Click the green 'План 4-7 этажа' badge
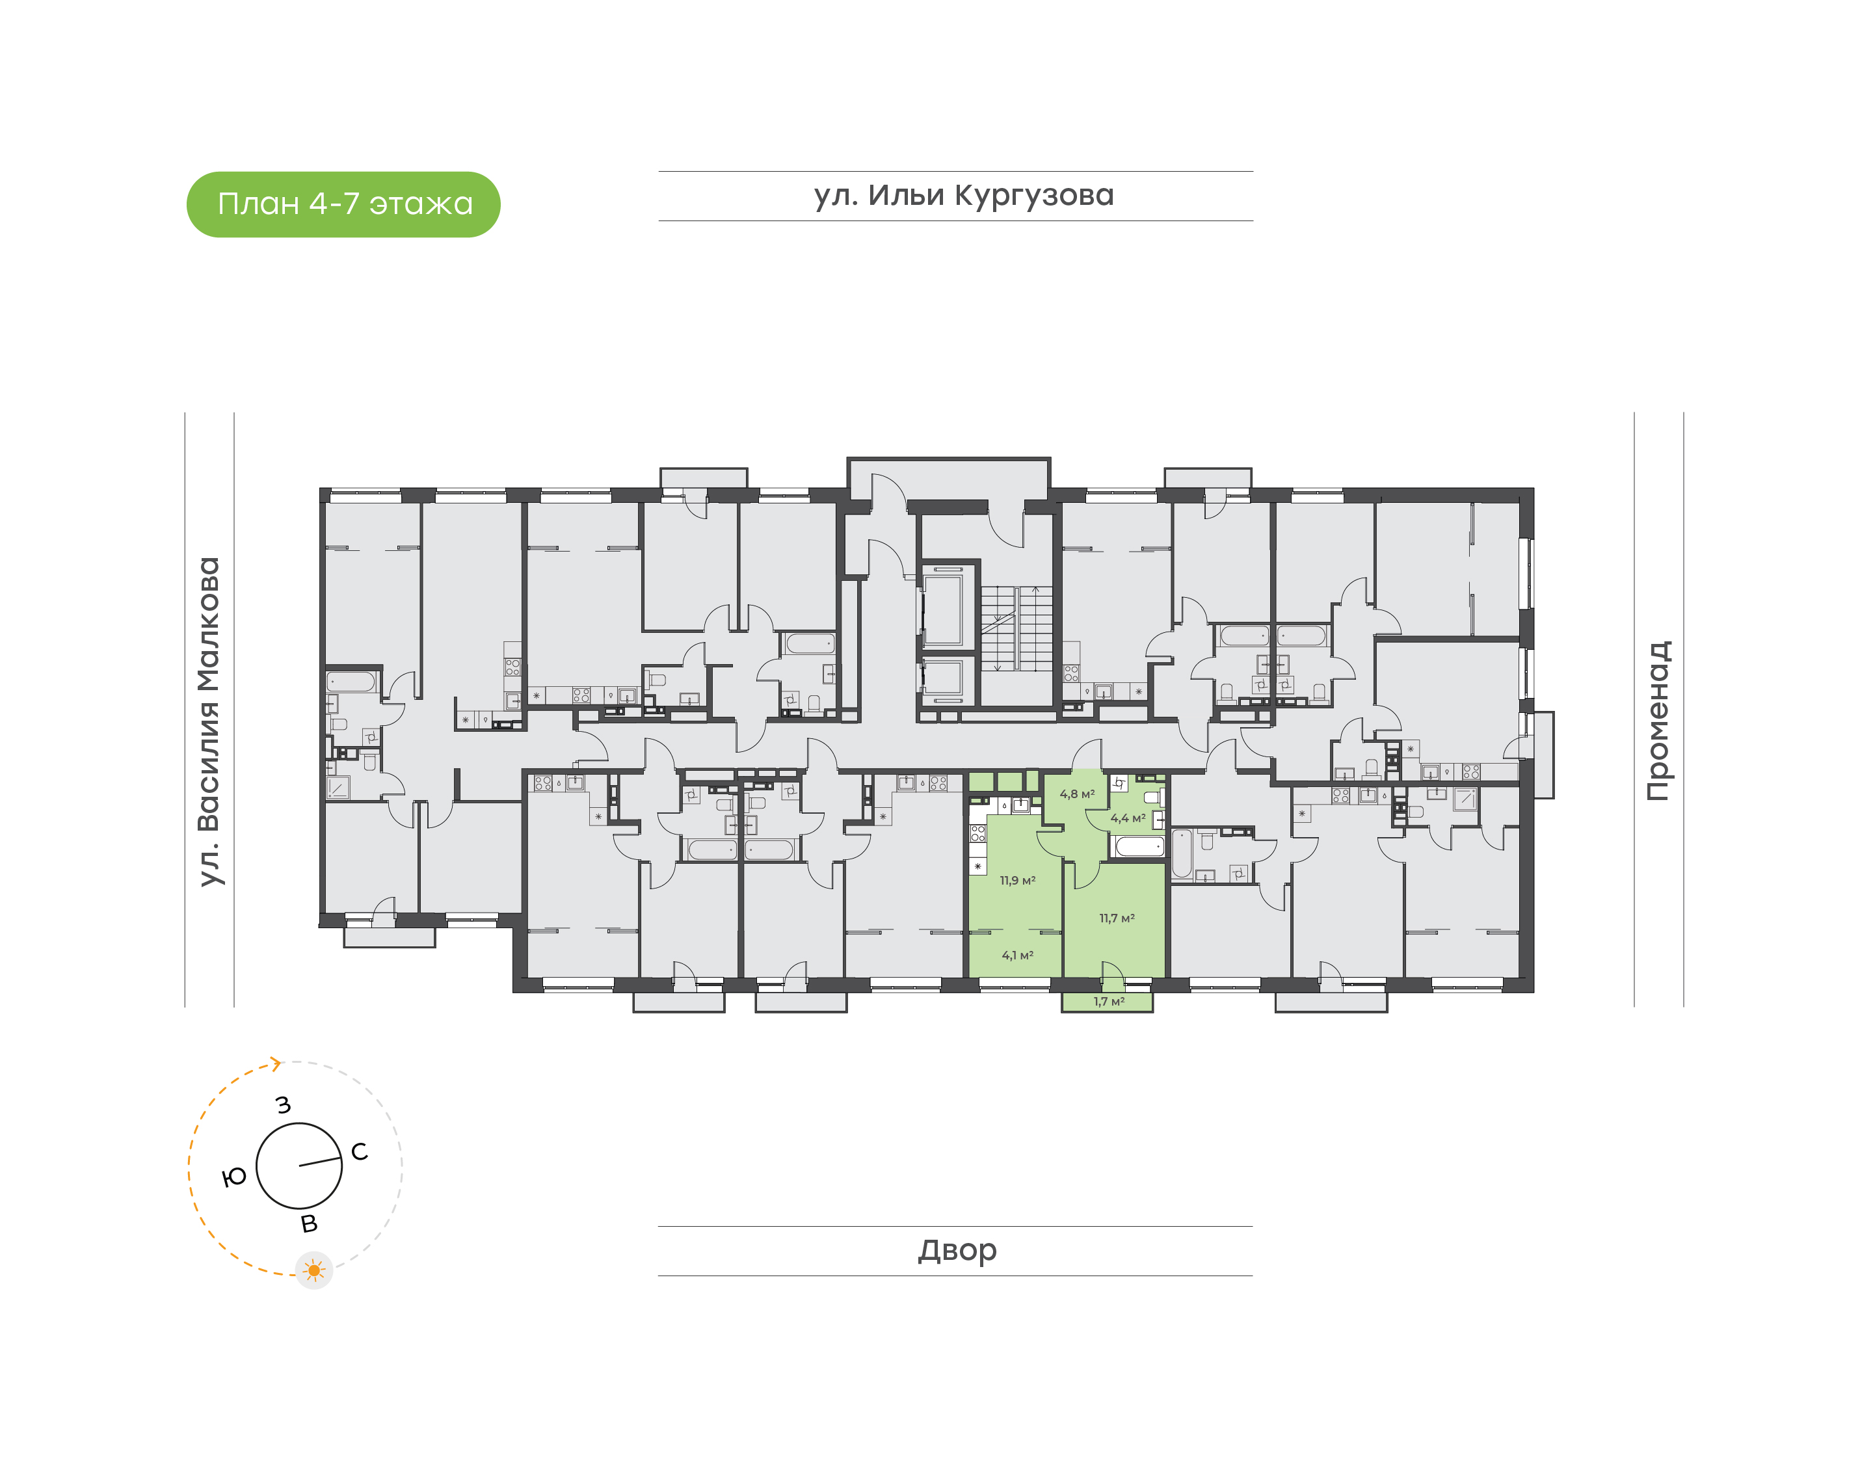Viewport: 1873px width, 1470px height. tap(343, 204)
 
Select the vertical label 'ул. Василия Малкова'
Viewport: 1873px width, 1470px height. tap(209, 721)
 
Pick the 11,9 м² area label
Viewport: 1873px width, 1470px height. tap(1017, 881)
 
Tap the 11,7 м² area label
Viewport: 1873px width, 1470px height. tap(1117, 918)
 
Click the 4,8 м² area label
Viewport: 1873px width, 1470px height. tap(1077, 794)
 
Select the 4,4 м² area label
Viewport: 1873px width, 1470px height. tap(1128, 818)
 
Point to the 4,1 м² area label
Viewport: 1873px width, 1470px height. tap(1017, 955)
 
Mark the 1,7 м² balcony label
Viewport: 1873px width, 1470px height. tap(1109, 1001)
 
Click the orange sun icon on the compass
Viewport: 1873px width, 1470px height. tap(314, 1270)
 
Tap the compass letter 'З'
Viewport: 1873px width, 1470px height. tap(283, 1105)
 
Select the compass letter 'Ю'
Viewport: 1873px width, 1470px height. tap(234, 1177)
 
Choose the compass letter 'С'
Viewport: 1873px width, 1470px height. tap(360, 1151)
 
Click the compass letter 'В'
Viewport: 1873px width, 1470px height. tap(309, 1223)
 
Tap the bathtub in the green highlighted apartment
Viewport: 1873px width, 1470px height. tap(1139, 847)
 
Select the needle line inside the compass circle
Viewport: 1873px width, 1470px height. tap(320, 1161)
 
